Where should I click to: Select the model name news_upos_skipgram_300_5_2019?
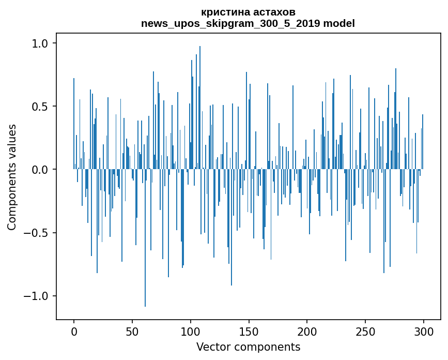point(230,23)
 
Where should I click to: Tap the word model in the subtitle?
point(339,23)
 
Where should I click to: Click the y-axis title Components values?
point(12,177)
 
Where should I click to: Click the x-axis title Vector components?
point(248,347)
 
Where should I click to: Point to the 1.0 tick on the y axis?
point(40,43)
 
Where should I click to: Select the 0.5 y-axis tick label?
point(40,107)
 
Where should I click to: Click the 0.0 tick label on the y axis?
point(40,170)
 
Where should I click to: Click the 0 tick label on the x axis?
point(74,332)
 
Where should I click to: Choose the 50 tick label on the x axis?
point(132,332)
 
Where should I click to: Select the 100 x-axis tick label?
point(190,332)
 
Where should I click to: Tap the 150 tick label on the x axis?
point(249,332)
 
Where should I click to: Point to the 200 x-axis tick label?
point(307,332)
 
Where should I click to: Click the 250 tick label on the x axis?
point(365,332)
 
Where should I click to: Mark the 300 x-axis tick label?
point(423,332)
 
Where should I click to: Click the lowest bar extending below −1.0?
point(145,238)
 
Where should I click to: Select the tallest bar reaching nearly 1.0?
point(200,108)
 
